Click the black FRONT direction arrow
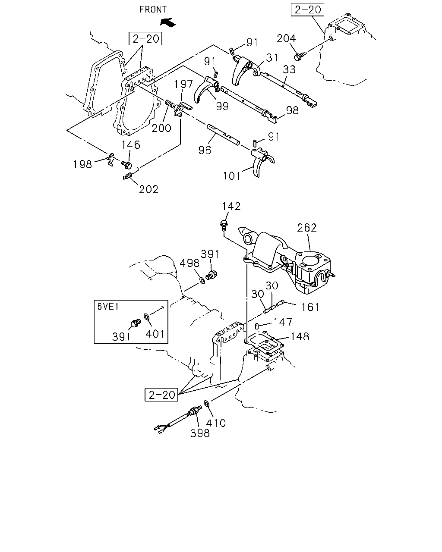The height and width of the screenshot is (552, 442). [x=168, y=22]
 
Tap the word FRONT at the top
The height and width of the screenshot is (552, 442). [x=153, y=10]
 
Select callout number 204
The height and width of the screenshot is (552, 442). [x=286, y=38]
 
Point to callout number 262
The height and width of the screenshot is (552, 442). [x=306, y=228]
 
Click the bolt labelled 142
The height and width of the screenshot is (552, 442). [x=224, y=225]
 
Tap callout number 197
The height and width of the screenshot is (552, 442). [x=183, y=84]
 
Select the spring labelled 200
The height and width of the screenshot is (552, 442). [x=170, y=104]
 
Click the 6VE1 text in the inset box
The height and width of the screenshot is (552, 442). [x=108, y=306]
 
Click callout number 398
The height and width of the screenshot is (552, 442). [x=200, y=433]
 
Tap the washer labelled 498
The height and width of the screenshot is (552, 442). [x=202, y=280]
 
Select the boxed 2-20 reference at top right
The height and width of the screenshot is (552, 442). [x=307, y=10]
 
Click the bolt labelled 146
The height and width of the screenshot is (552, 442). [x=126, y=164]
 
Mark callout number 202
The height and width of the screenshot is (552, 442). [x=148, y=189]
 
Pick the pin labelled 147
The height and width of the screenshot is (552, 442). [x=256, y=326]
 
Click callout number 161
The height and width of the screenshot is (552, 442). [x=310, y=307]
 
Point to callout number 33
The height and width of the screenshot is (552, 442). [x=289, y=69]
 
